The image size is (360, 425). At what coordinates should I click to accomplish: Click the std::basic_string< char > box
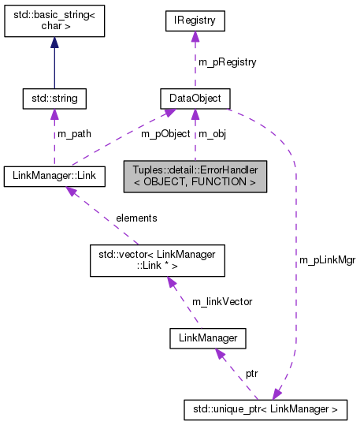pos(54,24)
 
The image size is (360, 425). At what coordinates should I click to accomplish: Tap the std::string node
pos(54,99)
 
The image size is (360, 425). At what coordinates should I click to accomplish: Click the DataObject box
pos(195,99)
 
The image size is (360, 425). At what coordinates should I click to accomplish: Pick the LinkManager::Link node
pos(54,175)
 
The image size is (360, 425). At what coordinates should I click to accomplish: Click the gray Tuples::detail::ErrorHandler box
pos(195,175)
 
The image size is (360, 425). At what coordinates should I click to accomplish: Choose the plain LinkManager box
pos(208,338)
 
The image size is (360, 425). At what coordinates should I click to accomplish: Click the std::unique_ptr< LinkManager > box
pos(264,409)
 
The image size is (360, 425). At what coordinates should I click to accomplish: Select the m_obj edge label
pos(213,134)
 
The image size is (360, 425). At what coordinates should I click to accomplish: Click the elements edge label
pos(135,217)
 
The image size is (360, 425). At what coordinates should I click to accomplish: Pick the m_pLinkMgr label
pos(326,259)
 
